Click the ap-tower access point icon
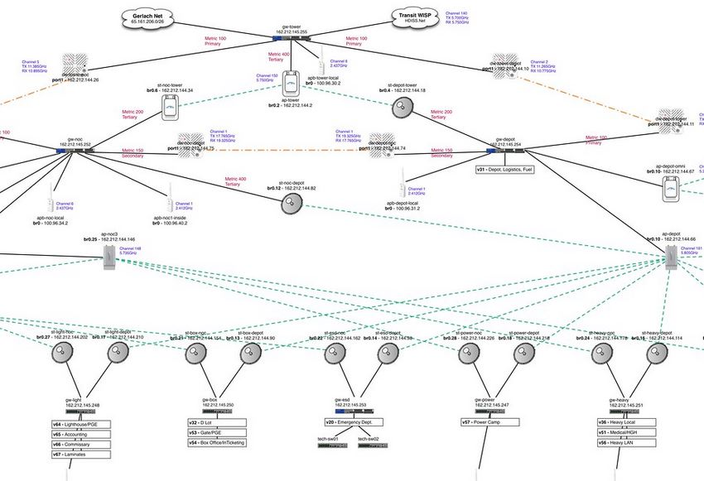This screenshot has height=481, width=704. pos(290,84)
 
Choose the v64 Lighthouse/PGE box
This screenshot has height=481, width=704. pos(80,424)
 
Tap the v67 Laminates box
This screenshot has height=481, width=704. pos(80,454)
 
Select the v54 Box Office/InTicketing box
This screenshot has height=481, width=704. pos(219,443)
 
